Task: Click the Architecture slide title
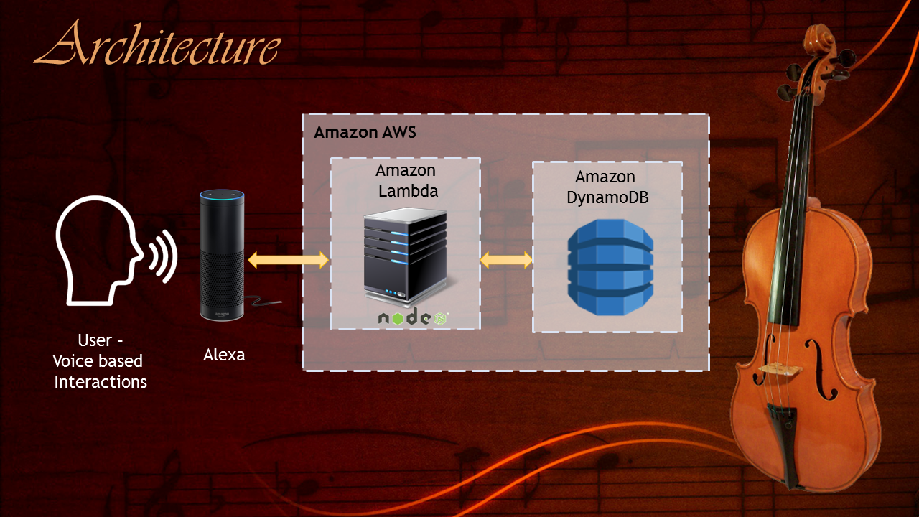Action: pyautogui.click(x=157, y=45)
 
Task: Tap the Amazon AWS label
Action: pyautogui.click(x=365, y=133)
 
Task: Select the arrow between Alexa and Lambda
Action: pyautogui.click(x=288, y=260)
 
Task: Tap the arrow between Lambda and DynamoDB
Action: pyautogui.click(x=506, y=260)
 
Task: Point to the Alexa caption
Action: pyautogui.click(x=224, y=355)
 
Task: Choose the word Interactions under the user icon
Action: pyautogui.click(x=101, y=382)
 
